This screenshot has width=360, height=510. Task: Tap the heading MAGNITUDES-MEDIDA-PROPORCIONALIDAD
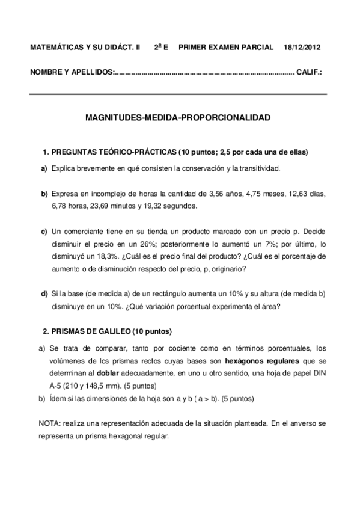179,118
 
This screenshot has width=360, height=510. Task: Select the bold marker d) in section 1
44,293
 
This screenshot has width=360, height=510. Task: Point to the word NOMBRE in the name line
46,72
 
